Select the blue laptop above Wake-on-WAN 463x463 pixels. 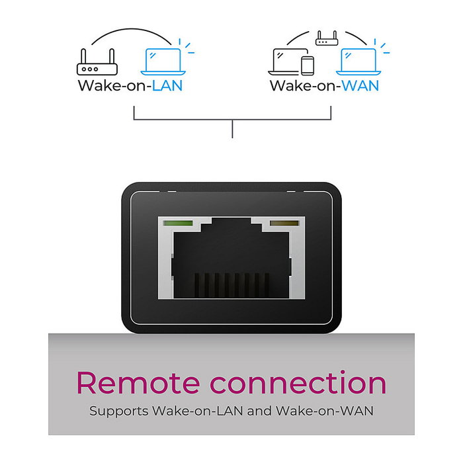(x=357, y=62)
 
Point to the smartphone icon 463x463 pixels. (x=308, y=65)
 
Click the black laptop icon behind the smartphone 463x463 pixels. (x=286, y=61)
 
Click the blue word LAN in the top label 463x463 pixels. (x=167, y=86)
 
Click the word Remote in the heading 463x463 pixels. (x=136, y=384)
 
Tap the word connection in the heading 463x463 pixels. (x=298, y=384)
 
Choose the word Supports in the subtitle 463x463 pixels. (x=118, y=411)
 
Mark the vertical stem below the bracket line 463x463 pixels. (x=232, y=129)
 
